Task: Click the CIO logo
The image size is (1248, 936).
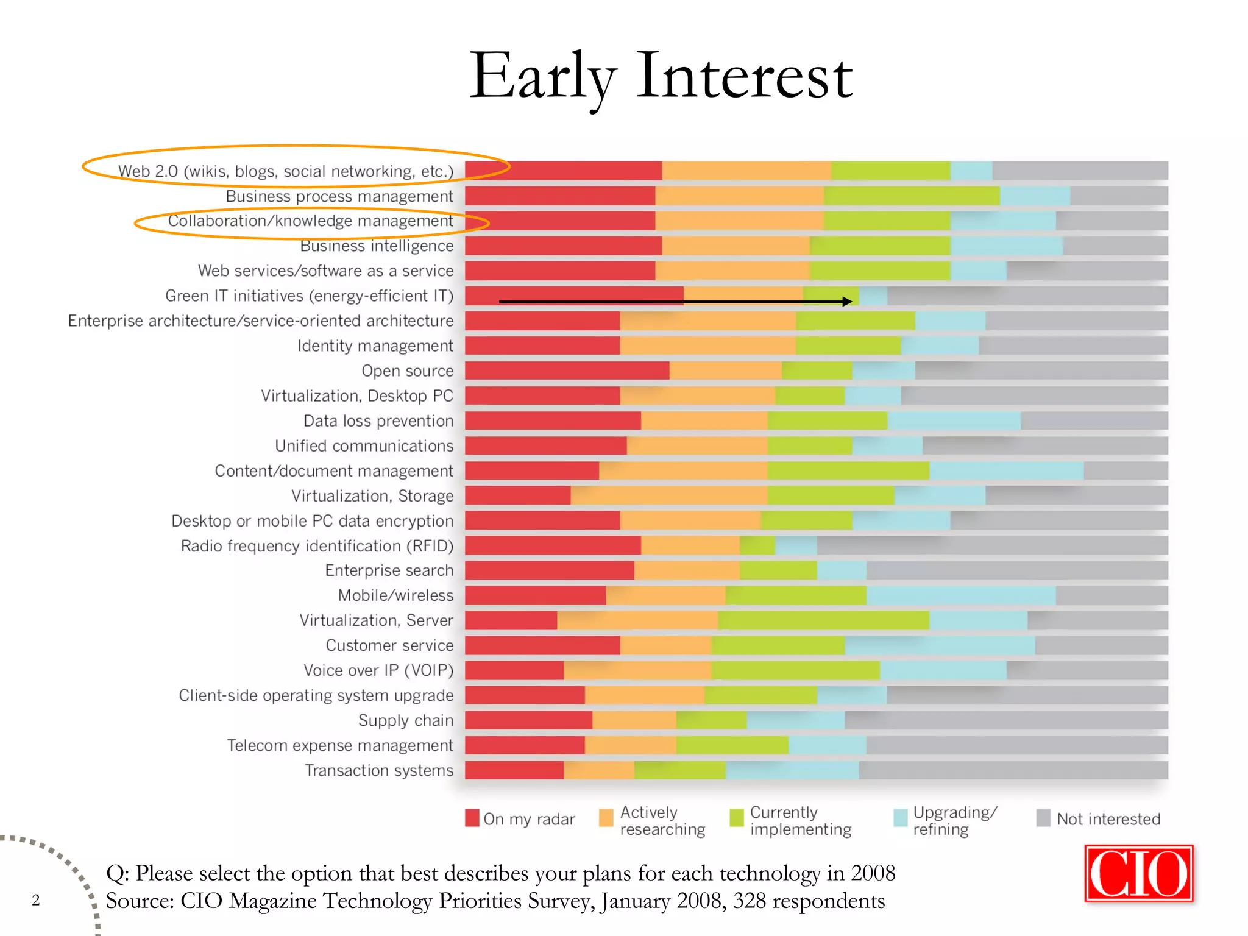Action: [x=1138, y=873]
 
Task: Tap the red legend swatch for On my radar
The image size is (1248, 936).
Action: [x=472, y=818]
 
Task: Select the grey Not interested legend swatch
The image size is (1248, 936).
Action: [x=1043, y=818]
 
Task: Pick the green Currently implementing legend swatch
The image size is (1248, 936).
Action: [x=737, y=818]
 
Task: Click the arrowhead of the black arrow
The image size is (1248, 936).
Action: [x=847, y=301]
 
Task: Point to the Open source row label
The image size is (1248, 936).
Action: [x=407, y=370]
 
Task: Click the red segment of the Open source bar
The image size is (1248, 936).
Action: [x=567, y=370]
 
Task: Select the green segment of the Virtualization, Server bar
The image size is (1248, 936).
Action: [x=823, y=620]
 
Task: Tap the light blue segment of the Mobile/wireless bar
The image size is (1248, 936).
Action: [x=960, y=595]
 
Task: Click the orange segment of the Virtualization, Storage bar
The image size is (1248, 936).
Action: [x=668, y=495]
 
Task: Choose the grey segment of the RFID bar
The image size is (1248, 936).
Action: [x=992, y=545]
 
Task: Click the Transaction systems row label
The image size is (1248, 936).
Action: [x=379, y=770]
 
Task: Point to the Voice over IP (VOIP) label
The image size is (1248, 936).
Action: [x=378, y=670]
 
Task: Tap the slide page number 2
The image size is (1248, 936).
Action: [x=36, y=900]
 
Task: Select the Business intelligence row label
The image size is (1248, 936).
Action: [x=377, y=246]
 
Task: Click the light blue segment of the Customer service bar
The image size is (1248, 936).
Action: [x=940, y=645]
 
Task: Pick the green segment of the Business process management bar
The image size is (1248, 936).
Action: [x=912, y=196]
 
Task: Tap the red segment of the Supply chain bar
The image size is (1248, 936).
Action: [x=528, y=720]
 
